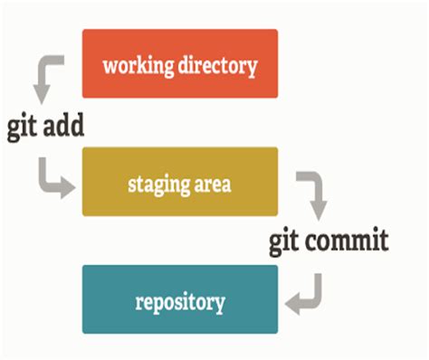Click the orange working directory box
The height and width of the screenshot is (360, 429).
pos(179,63)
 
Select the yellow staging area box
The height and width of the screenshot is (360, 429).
pos(179,182)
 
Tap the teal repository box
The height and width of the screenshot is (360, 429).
pos(179,299)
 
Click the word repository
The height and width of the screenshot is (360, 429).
pos(180,301)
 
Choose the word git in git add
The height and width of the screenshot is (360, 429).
pos(24,127)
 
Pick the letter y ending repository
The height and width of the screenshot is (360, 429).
pos(219,304)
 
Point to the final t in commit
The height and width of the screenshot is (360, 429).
pos(384,242)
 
